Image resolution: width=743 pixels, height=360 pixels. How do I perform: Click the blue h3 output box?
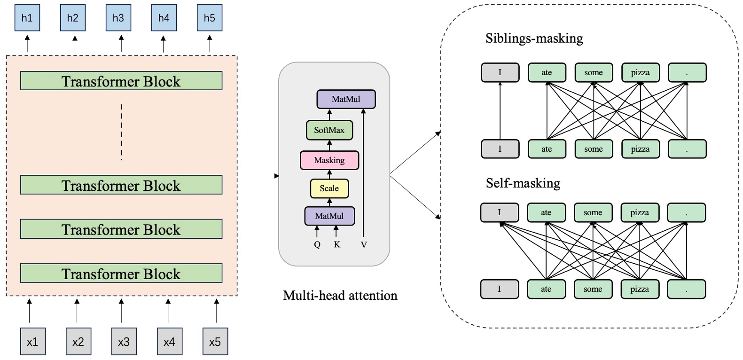click(x=118, y=18)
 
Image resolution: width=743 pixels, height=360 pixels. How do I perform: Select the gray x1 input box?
click(x=32, y=342)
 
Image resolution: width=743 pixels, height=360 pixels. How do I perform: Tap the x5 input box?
click(x=215, y=342)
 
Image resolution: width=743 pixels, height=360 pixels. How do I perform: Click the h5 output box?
click(x=209, y=18)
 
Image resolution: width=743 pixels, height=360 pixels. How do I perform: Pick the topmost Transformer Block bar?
click(x=121, y=81)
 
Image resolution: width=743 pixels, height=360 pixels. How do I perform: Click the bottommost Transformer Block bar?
click(x=121, y=273)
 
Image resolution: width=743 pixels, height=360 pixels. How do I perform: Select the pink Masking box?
click(x=329, y=160)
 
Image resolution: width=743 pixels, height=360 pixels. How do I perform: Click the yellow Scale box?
click(x=329, y=188)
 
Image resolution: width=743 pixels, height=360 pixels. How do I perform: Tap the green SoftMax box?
click(x=329, y=130)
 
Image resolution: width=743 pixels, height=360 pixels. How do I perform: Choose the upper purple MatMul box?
click(x=346, y=99)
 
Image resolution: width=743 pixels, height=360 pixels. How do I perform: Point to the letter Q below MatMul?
click(x=317, y=245)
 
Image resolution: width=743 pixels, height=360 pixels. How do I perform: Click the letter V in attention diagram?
click(x=364, y=245)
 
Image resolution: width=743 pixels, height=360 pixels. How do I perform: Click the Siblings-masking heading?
click(x=534, y=38)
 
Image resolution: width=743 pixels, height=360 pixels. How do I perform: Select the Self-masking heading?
click(x=523, y=183)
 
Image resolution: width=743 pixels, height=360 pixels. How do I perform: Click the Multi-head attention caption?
click(x=340, y=296)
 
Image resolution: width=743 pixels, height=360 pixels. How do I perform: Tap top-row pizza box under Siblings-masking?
click(x=640, y=72)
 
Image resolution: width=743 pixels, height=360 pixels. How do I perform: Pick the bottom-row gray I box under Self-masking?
click(x=500, y=289)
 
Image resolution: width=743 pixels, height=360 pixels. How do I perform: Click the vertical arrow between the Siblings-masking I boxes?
click(x=500, y=111)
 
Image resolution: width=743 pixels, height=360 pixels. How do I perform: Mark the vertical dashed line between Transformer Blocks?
click(x=121, y=132)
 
